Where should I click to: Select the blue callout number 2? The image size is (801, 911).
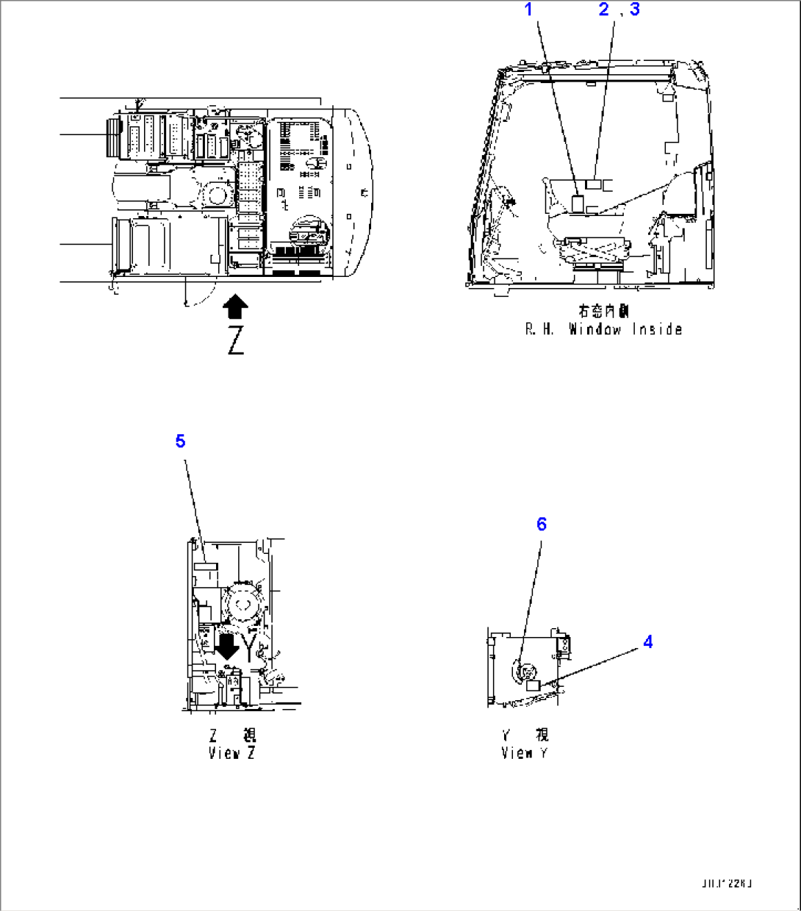604,10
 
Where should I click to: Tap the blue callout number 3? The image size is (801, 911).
634,10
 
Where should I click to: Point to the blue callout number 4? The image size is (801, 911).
647,642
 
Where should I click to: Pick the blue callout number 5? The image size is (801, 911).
180,442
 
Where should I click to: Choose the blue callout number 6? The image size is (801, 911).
542,524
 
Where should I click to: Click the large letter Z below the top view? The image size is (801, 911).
235,341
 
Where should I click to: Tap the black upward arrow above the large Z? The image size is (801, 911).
235,306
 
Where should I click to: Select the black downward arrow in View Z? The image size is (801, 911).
227,645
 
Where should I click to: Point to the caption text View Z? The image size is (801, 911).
231,753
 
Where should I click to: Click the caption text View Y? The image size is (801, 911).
524,753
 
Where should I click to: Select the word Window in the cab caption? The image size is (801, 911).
595,330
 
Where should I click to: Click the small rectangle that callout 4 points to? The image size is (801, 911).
534,685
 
